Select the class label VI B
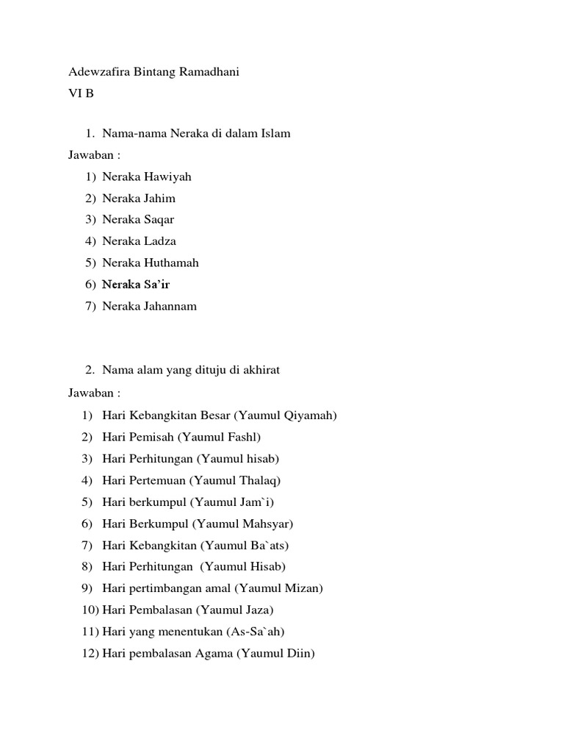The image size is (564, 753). (81, 93)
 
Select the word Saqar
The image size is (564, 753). (159, 219)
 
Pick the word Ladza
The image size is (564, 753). (160, 240)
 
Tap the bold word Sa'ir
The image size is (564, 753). (156, 284)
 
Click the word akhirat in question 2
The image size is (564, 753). (260, 370)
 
